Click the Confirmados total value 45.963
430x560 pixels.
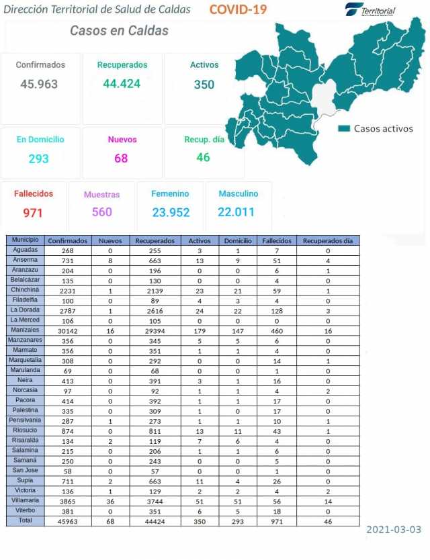[39, 85]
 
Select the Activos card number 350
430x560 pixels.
[204, 85]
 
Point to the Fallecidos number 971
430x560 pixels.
[33, 213]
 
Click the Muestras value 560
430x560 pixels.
[101, 212]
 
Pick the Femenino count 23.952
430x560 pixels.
[170, 212]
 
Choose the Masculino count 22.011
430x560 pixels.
[236, 212]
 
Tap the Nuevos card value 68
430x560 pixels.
[121, 158]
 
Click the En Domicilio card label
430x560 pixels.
[40, 140]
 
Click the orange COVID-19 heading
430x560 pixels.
[238, 9]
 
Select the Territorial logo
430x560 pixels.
[370, 10]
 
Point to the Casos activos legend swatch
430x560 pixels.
[345, 128]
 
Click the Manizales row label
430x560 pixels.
[25, 330]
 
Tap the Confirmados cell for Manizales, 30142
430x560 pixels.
[67, 330]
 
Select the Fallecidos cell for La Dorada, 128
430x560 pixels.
[276, 310]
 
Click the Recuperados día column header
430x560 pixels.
[327, 240]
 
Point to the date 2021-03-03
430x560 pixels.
[394, 530]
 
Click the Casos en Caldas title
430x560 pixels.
[119, 31]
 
